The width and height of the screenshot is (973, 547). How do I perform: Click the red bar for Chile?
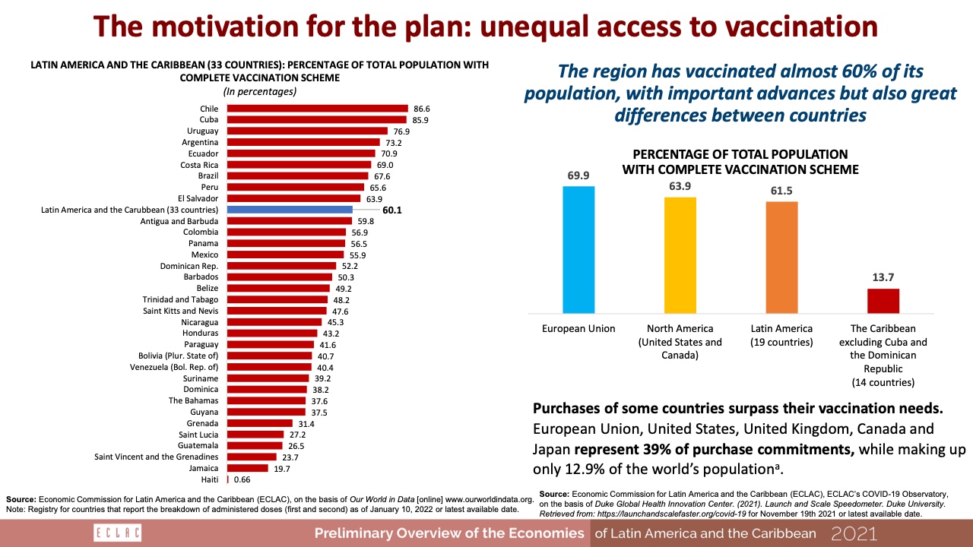[x=318, y=109]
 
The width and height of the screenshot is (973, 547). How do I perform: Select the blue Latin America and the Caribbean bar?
[x=290, y=209]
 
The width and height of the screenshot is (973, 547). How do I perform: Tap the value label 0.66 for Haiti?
[x=242, y=479]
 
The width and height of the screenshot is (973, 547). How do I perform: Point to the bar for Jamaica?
[x=248, y=468]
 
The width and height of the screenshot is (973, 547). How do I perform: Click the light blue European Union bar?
[x=578, y=249]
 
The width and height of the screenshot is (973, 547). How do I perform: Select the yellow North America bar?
[x=680, y=255]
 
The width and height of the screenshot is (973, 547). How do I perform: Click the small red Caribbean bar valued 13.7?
[x=883, y=301]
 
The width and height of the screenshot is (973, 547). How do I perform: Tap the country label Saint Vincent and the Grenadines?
[x=157, y=457]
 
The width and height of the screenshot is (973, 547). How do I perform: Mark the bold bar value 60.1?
[x=392, y=210]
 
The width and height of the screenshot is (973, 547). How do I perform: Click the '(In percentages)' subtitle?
[x=260, y=91]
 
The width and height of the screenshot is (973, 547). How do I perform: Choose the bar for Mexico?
[x=286, y=255]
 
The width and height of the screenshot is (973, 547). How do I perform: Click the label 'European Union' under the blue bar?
[x=578, y=329]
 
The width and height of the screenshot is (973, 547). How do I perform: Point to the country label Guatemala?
[x=198, y=445]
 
